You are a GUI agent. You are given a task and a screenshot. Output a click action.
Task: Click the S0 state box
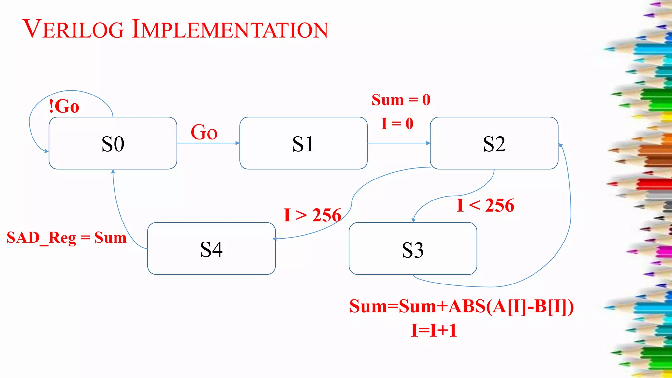tap(113, 143)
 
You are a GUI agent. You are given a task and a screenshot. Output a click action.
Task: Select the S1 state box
tap(303, 143)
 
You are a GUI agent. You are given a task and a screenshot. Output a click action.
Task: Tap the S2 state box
tap(494, 143)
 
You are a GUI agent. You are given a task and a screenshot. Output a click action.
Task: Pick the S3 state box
tap(413, 249)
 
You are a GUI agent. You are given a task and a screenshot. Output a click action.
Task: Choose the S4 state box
tap(211, 249)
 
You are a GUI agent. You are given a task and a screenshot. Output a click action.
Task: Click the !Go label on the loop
tap(64, 106)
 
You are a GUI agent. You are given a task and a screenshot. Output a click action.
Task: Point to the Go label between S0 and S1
tap(204, 132)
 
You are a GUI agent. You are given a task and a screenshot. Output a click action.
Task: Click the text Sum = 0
tap(401, 100)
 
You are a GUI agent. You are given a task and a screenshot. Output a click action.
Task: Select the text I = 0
tap(397, 124)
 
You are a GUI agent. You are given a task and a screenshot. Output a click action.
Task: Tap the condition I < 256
tap(485, 206)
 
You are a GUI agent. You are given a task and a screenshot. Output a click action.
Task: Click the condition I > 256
tap(312, 216)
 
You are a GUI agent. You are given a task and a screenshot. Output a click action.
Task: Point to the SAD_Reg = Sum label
tap(67, 238)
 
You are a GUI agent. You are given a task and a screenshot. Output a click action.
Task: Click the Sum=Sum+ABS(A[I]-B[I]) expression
tap(461, 306)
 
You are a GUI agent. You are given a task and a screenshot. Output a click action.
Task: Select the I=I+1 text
tap(434, 330)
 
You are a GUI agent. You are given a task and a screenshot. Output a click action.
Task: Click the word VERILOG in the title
tap(73, 30)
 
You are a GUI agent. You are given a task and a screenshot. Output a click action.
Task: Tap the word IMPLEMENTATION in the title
tap(230, 30)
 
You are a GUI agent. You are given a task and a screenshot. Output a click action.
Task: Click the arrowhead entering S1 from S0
tap(237, 143)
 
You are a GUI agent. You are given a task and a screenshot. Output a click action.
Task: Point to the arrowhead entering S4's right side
tap(274, 239)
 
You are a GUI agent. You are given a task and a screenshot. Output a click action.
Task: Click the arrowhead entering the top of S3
tap(413, 220)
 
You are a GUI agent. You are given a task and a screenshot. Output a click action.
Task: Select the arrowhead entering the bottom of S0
tap(113, 171)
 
